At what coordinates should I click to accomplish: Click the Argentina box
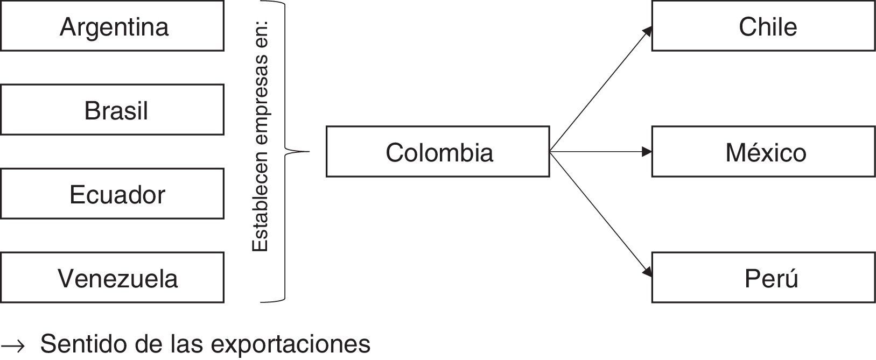pyautogui.click(x=112, y=26)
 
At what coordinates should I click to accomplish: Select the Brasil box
pyautogui.click(x=112, y=110)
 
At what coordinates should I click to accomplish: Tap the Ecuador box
pyautogui.click(x=112, y=194)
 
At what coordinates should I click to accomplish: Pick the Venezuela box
pyautogui.click(x=112, y=278)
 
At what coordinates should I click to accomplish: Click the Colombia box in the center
pyautogui.click(x=438, y=152)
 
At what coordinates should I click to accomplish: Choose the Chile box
pyautogui.click(x=763, y=26)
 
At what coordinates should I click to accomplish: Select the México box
pyautogui.click(x=763, y=152)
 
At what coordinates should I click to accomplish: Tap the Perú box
pyautogui.click(x=763, y=278)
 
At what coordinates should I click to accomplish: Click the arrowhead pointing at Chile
pyautogui.click(x=647, y=31)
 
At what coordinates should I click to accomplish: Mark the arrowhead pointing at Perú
pyautogui.click(x=647, y=273)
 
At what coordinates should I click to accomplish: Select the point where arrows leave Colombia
pyautogui.click(x=550, y=152)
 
